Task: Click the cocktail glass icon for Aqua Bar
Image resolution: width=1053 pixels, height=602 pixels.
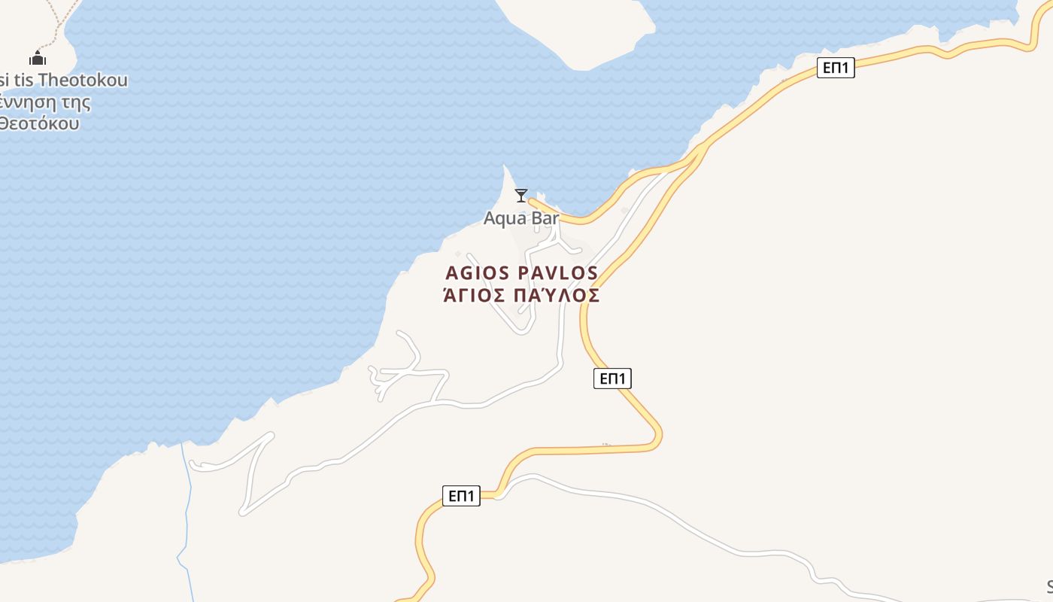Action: click(x=520, y=196)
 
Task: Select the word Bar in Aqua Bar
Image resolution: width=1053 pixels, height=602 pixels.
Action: click(x=545, y=218)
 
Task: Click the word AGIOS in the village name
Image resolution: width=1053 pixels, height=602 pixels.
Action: click(x=477, y=273)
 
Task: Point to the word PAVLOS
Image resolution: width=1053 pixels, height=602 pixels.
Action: click(x=557, y=273)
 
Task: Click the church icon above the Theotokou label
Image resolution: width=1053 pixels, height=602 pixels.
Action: click(x=38, y=58)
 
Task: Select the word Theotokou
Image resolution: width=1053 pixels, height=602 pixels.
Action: click(x=83, y=80)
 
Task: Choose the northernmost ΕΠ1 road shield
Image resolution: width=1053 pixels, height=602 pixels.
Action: click(x=836, y=68)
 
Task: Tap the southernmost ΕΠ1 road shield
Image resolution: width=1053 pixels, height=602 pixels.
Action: click(x=461, y=496)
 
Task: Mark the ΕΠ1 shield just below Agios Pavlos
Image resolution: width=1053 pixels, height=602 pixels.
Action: click(x=612, y=379)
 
